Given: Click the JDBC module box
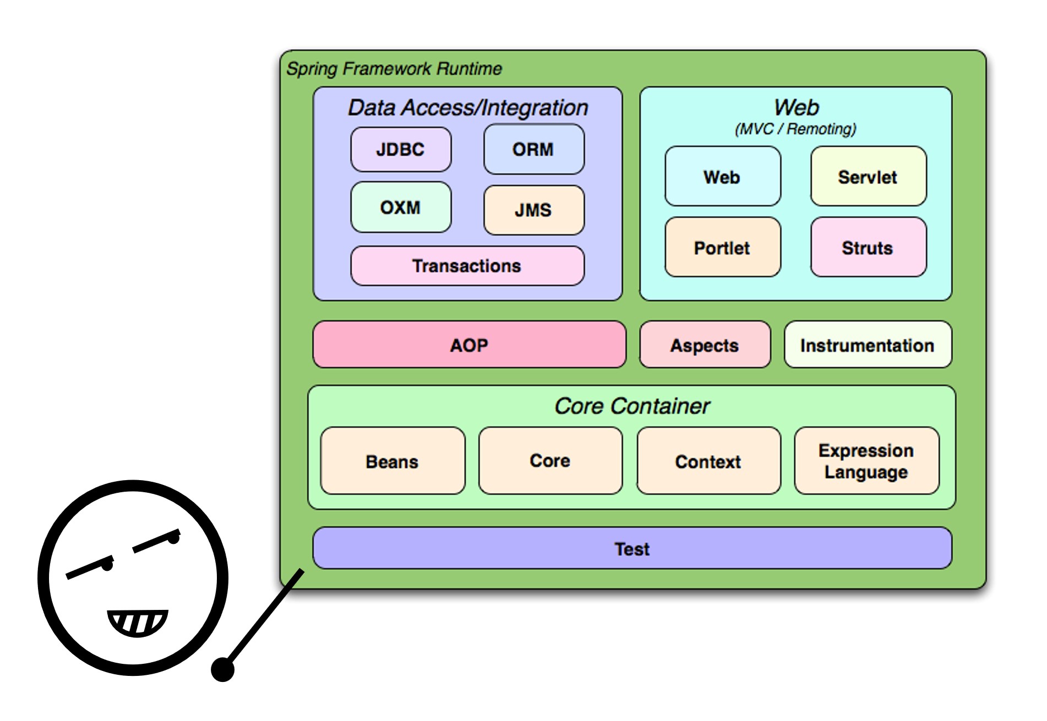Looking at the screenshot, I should [401, 150].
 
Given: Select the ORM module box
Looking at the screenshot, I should [533, 150].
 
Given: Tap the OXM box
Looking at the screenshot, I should [401, 207].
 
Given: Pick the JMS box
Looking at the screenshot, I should [533, 210].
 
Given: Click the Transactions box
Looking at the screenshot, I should [467, 266].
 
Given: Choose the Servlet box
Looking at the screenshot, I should [868, 177].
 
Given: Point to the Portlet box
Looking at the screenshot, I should [722, 247].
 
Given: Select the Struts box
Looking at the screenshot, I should [868, 247].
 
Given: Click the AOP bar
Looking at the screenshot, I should [469, 345].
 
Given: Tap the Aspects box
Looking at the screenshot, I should [705, 345].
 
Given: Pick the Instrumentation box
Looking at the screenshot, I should [868, 345].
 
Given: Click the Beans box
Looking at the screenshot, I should [392, 461].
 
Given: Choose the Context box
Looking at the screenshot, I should [708, 461].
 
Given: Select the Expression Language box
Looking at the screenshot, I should [866, 461].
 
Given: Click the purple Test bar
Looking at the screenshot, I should [632, 548].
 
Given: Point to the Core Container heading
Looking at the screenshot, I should [632, 406].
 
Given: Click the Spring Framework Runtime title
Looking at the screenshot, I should [394, 69].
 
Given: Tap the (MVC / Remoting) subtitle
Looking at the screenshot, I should [796, 129].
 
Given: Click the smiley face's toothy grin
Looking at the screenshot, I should [137, 622].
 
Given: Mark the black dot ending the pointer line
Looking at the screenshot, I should [222, 669].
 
